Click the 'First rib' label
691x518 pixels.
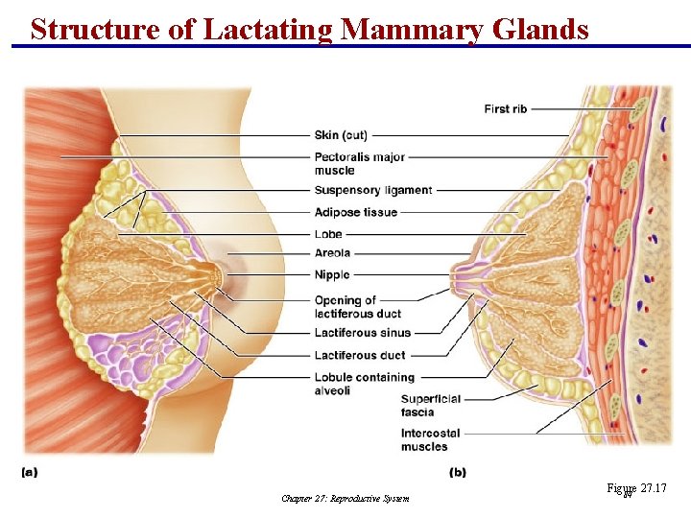coord(505,109)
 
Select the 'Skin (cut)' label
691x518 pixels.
coord(340,135)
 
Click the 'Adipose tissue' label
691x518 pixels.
coord(355,212)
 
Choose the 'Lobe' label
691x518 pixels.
coord(328,234)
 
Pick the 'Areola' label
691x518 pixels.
coord(332,253)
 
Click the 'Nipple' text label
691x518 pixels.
coord(331,275)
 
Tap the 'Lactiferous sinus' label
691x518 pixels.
coord(362,333)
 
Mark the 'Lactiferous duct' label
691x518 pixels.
coord(359,356)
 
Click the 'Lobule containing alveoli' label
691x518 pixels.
coord(364,384)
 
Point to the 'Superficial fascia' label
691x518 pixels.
coord(430,406)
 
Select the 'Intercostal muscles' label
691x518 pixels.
coord(430,440)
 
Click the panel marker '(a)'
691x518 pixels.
coord(30,471)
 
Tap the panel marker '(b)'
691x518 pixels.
coord(458,471)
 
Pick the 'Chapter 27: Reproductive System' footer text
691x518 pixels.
coord(345,498)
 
